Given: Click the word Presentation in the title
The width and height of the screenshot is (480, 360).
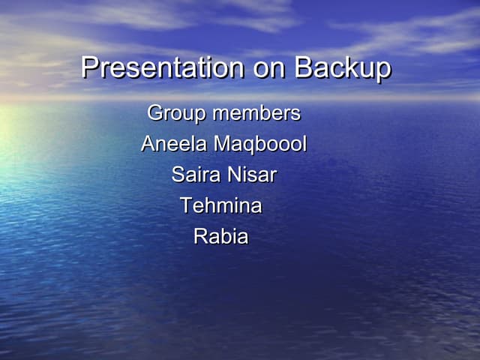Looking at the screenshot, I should (161, 68).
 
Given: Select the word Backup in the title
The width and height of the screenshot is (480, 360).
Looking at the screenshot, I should (342, 68).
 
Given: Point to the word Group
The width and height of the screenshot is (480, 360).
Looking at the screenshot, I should (177, 114).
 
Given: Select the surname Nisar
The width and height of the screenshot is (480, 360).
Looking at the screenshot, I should (252, 175).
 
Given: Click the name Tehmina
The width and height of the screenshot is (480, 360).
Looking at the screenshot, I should (221, 205).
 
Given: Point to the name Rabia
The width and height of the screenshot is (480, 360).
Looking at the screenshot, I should (221, 236).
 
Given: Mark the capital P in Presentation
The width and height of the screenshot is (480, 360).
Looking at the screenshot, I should (89, 68).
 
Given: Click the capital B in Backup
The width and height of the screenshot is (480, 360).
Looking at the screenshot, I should (303, 68).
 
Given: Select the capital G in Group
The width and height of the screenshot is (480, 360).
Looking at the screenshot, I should (155, 113).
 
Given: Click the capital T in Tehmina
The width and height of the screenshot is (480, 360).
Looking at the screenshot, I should (186, 205).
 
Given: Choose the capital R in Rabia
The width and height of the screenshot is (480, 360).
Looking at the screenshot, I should (200, 236).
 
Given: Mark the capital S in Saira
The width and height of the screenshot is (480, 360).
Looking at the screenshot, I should (178, 175).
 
